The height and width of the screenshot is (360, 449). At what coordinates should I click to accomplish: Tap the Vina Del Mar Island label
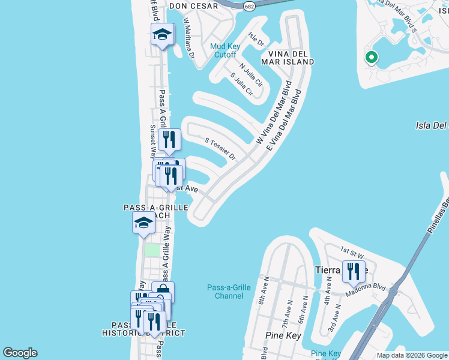coord(288,57)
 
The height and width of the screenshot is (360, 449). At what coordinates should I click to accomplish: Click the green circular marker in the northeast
coord(371,58)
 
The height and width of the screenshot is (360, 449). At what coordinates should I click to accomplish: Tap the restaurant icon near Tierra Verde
coord(354,271)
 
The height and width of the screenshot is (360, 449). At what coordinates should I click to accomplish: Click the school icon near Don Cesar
coord(162,34)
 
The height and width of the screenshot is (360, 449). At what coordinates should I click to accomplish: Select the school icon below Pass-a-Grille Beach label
coord(144,223)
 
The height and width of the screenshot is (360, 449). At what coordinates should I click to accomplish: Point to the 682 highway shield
coord(249,5)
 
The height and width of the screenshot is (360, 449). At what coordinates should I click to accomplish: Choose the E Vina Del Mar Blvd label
coord(285,118)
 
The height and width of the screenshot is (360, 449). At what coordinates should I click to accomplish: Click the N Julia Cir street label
coord(251,75)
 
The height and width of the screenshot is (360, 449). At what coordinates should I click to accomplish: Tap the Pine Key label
coord(283,335)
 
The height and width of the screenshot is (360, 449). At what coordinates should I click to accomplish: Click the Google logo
coord(20,353)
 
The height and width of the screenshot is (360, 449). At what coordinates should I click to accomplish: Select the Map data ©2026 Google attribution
coord(411,355)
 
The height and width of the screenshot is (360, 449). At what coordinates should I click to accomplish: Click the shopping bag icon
coord(163,292)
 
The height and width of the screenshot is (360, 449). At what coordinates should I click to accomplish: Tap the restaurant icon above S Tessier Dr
coord(170,140)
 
